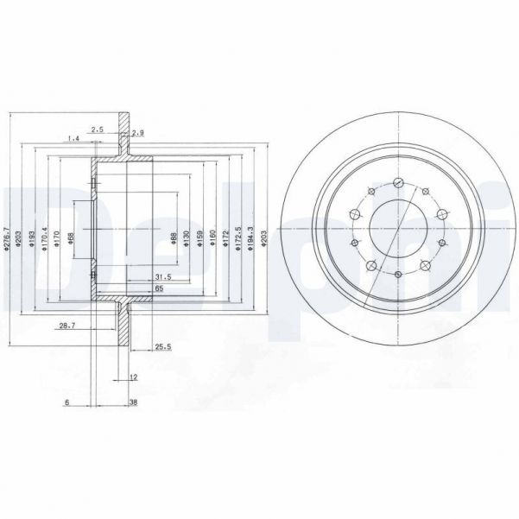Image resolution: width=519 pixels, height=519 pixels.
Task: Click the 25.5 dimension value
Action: point(161,347)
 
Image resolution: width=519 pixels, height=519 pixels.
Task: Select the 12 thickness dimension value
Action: point(133,377)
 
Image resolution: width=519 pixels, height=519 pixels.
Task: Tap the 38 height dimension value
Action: point(133,402)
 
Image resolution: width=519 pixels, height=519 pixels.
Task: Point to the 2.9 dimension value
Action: point(137,131)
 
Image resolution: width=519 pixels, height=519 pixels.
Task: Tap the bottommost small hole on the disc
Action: point(397,275)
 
